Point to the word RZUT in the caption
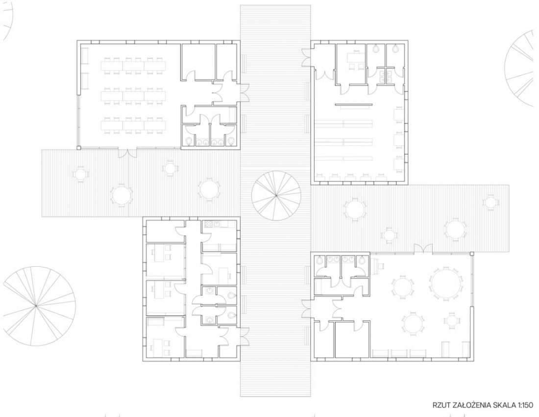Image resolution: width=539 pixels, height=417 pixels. point(441,405)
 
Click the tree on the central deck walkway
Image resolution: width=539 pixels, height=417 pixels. point(276,196)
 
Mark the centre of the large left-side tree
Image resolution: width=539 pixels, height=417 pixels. point(36,306)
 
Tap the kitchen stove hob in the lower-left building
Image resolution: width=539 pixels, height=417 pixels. point(209,224)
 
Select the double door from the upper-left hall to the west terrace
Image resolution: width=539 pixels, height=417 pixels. point(127,154)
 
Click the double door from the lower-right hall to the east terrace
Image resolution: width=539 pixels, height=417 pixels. point(423,248)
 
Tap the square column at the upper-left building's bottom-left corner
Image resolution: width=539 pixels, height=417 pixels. point(79,148)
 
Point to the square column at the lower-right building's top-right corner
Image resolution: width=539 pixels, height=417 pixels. point(472,254)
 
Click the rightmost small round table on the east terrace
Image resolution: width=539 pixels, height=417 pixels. point(490,202)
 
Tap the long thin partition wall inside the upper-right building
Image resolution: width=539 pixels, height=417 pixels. point(354,104)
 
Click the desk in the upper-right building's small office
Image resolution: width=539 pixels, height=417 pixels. point(354,57)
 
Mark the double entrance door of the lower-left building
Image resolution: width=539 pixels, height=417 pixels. point(245,336)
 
